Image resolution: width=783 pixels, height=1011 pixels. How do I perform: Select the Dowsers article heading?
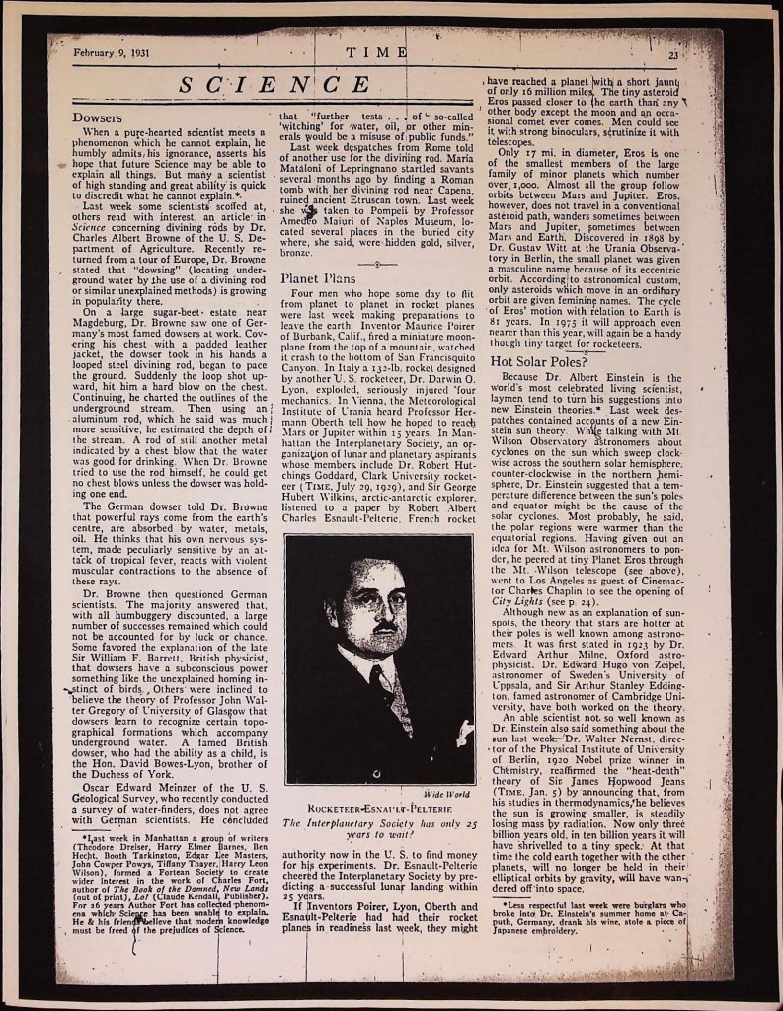click(x=98, y=117)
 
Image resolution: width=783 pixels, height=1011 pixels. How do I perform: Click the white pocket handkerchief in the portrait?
click(x=463, y=734)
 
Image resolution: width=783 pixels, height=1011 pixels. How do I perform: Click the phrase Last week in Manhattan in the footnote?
click(x=130, y=864)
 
